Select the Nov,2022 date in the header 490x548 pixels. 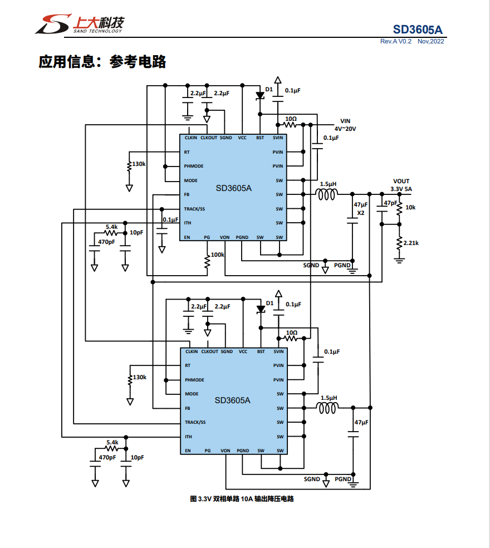(x=430, y=42)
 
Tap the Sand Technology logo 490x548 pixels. (x=79, y=24)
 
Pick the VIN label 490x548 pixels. (x=346, y=121)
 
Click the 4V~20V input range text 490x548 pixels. (x=345, y=129)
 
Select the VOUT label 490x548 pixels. (x=401, y=181)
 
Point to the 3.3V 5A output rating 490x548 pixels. (x=401, y=189)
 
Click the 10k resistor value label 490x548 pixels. (x=410, y=207)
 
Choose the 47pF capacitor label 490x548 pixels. (x=390, y=203)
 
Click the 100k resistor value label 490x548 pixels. (x=217, y=255)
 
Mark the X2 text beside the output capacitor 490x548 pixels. (x=360, y=213)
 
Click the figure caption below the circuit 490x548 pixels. (x=242, y=498)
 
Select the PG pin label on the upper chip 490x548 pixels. (x=207, y=237)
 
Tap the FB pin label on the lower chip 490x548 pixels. (x=187, y=408)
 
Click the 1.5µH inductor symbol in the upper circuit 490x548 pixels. (x=327, y=194)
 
